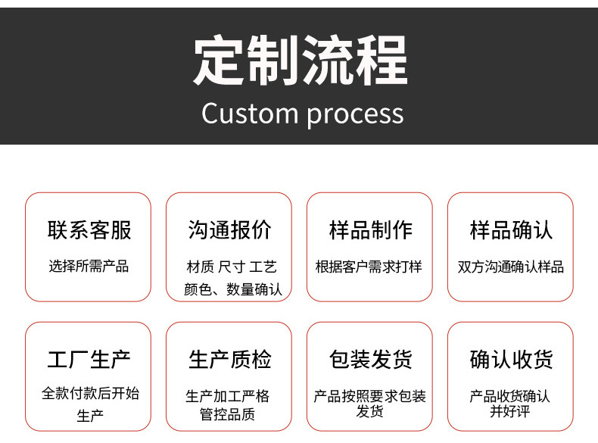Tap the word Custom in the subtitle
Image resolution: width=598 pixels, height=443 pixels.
(250, 114)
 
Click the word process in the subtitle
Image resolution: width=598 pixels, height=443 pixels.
(355, 114)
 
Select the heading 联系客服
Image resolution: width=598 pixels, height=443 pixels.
(89, 230)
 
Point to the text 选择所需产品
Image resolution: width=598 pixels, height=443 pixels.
(89, 267)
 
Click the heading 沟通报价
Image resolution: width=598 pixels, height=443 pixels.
(229, 230)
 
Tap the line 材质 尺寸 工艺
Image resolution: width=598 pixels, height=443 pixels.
(231, 267)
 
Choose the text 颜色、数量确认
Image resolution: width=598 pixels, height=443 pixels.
(232, 289)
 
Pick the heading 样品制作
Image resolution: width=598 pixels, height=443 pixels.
(370, 230)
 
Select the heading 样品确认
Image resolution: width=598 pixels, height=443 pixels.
(511, 230)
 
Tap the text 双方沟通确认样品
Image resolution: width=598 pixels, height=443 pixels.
(511, 267)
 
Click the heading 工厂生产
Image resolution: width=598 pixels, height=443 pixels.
(89, 360)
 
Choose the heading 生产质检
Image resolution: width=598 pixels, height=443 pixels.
(229, 360)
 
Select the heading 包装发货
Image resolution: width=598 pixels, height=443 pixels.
(370, 360)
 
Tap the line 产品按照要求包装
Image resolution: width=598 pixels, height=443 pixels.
(370, 396)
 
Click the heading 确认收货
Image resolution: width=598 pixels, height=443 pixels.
(511, 360)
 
